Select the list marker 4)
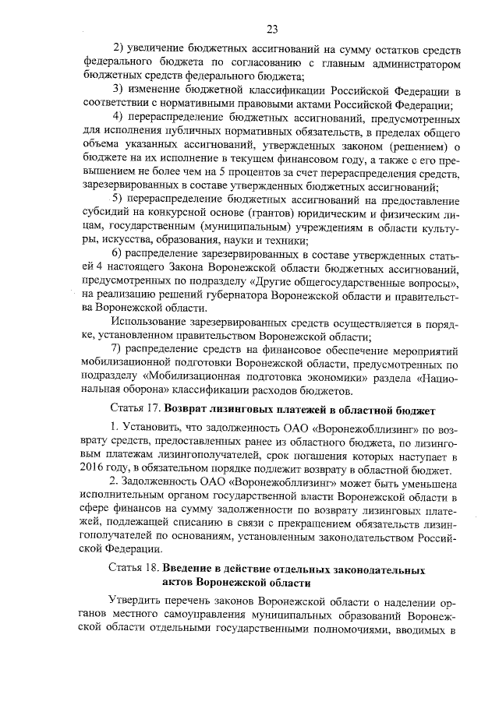click(119, 117)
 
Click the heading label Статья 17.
click(136, 408)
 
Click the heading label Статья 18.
click(136, 571)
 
